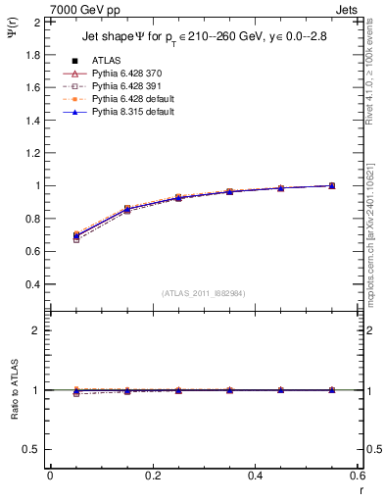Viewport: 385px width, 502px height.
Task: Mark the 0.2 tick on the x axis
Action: pos(152,475)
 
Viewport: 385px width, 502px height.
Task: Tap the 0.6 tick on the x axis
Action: pos(357,475)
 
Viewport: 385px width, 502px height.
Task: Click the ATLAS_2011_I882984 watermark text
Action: pos(203,293)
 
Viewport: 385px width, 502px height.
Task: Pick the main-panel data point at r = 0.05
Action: pos(76,235)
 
